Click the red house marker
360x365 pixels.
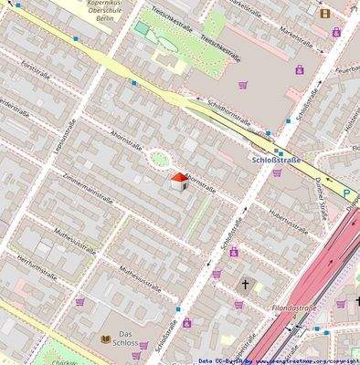point(179,181)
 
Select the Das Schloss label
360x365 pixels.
point(132,339)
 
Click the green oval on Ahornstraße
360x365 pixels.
point(159,159)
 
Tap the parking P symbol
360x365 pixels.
point(346,193)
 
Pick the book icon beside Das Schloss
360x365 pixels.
point(106,339)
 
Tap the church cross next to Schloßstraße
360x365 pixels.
point(245,285)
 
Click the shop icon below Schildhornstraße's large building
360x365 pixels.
point(243,86)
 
